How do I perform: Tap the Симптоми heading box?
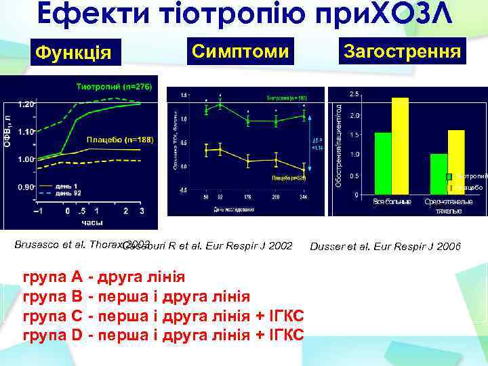click(240, 51)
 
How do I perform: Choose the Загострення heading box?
click(403, 51)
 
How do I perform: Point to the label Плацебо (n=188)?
click(121, 140)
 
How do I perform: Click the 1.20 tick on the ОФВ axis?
click(26, 104)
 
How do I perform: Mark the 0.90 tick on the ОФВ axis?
click(26, 186)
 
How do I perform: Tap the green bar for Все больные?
click(383, 163)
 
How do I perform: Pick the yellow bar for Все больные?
click(400, 146)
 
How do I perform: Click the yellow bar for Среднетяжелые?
click(455, 162)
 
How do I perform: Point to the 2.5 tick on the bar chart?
click(354, 94)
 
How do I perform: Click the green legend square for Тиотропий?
click(449, 177)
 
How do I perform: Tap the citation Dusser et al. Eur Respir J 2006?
click(384, 246)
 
